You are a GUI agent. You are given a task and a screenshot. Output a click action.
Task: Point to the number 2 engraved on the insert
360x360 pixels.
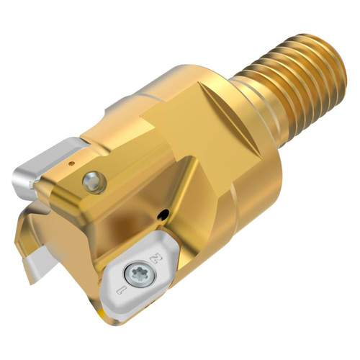(152, 257)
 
